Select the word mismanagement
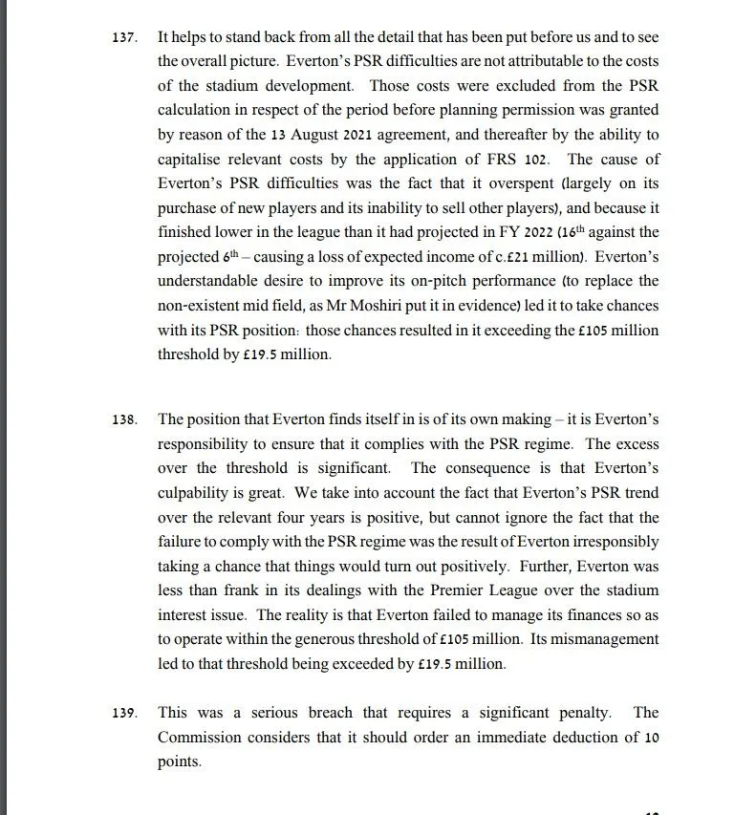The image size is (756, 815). pyautogui.click(x=609, y=640)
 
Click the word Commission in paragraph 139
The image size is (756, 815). pyautogui.click(x=202, y=738)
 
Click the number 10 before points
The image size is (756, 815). pyautogui.click(x=651, y=738)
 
